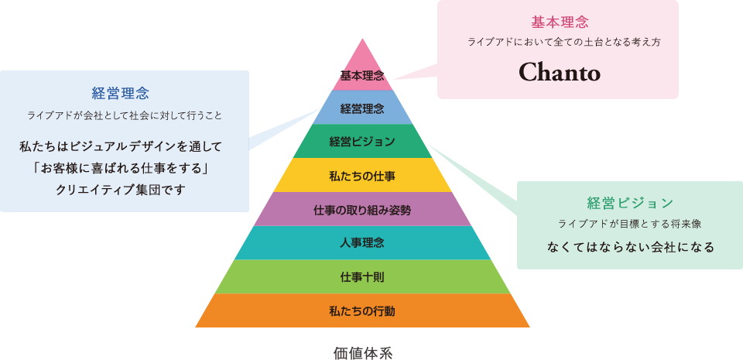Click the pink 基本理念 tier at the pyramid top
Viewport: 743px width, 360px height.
pyautogui.click(x=362, y=75)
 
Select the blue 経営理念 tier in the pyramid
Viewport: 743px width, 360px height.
pyautogui.click(x=362, y=108)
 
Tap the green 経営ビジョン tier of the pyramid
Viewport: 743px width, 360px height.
pyautogui.click(x=362, y=142)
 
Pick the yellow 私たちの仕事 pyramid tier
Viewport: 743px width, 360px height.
pyautogui.click(x=362, y=176)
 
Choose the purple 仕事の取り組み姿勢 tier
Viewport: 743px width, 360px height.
pyautogui.click(x=362, y=210)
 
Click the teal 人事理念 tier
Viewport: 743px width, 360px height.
pyautogui.click(x=362, y=243)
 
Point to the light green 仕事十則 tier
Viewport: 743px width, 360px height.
pyautogui.click(x=362, y=277)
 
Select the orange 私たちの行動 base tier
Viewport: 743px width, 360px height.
pyautogui.click(x=362, y=311)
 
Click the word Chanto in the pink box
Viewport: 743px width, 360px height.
pyautogui.click(x=559, y=72)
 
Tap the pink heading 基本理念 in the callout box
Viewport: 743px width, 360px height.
pyautogui.click(x=559, y=22)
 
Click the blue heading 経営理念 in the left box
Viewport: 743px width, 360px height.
pyautogui.click(x=120, y=94)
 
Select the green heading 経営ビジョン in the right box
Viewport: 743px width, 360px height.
pyautogui.click(x=630, y=204)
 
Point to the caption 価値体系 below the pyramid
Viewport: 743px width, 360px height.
pyautogui.click(x=363, y=353)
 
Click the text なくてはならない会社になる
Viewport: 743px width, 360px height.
pyautogui.click(x=630, y=248)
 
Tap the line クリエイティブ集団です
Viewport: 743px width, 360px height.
pyautogui.click(x=121, y=189)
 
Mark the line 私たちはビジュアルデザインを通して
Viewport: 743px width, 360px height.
pyautogui.click(x=121, y=146)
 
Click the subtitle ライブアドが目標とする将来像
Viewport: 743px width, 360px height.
pyautogui.click(x=629, y=225)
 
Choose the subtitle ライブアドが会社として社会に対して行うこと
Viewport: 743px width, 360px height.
pyautogui.click(x=125, y=115)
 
